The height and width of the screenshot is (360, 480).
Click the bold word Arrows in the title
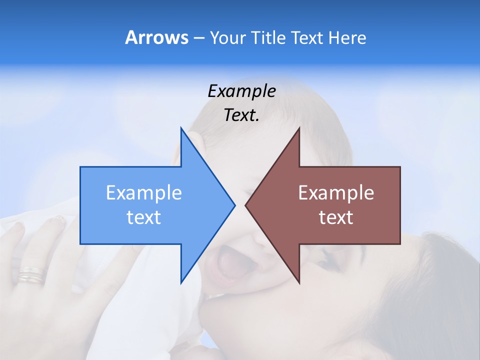156,37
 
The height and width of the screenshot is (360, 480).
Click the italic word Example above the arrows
241,91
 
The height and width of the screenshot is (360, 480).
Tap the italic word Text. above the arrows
241,115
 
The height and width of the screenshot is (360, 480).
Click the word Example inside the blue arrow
143,193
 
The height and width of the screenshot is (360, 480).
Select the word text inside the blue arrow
143,217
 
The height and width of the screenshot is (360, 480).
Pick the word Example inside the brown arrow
336,193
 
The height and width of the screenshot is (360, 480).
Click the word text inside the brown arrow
336,217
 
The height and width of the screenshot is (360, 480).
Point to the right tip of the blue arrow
234,205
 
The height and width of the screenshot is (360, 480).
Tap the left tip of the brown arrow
245,205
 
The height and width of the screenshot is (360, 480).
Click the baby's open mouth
228,262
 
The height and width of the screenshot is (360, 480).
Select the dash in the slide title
198,38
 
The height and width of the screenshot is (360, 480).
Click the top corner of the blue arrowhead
181,128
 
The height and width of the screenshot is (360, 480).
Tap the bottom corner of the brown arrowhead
299,283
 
